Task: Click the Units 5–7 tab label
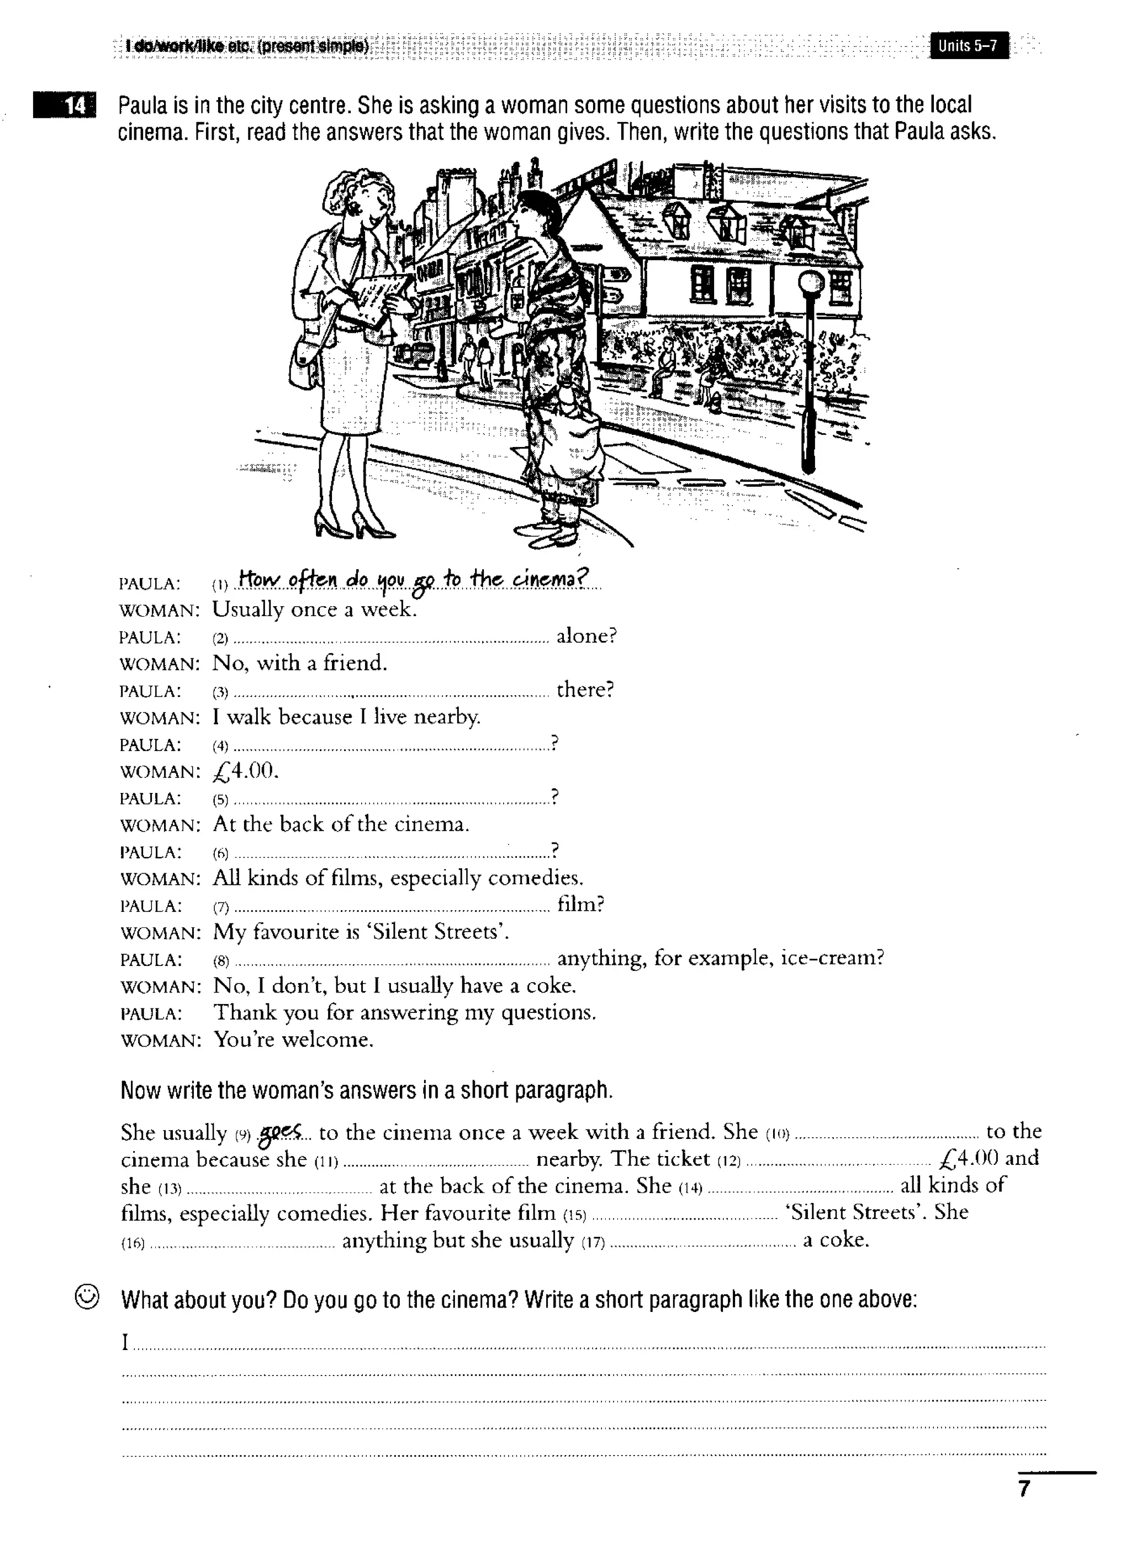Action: coord(968,46)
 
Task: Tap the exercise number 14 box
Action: coord(66,106)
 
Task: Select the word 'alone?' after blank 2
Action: coord(586,637)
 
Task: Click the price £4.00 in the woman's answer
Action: coord(245,771)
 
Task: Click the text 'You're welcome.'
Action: coord(293,1040)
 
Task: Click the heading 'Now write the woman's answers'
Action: coord(366,1090)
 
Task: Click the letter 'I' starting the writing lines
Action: coord(125,1342)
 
